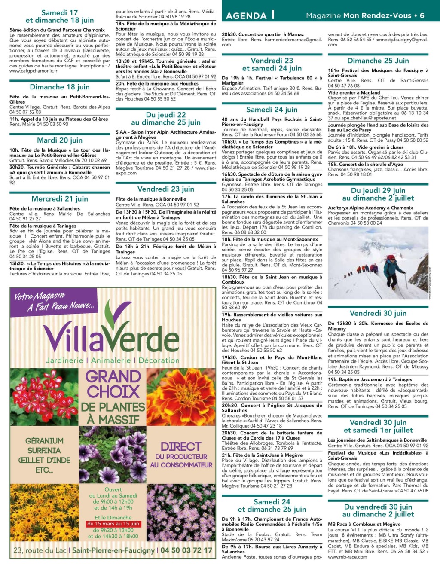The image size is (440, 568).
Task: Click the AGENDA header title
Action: pos(246,15)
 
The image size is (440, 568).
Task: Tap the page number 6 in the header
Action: pos(422,15)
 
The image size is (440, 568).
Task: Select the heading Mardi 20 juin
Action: pos(60,140)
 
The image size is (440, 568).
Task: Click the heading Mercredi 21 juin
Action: pos(60,199)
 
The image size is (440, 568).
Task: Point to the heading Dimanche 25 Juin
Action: pos(378,61)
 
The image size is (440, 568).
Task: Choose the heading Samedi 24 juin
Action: pos(272,110)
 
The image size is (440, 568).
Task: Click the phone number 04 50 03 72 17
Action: pos(186,550)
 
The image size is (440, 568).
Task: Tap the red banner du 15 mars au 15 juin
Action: pos(113,524)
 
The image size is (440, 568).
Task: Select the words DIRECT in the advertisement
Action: pos(181,447)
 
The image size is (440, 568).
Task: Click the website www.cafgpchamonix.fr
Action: pos(34,71)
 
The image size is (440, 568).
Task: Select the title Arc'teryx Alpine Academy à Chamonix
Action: pos(370,208)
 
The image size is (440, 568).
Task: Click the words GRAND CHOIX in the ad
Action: pos(113,384)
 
